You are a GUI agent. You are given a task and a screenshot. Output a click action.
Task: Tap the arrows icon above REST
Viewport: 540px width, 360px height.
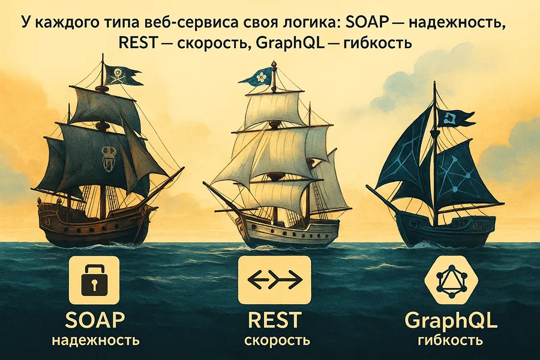pyautogui.click(x=275, y=279)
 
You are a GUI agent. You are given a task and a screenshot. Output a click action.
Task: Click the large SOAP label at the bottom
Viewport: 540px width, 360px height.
pyautogui.click(x=95, y=320)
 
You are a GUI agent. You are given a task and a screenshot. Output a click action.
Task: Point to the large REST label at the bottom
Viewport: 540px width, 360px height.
pyautogui.click(x=275, y=320)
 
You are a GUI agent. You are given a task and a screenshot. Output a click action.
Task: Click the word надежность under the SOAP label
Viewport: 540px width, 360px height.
pyautogui.click(x=95, y=341)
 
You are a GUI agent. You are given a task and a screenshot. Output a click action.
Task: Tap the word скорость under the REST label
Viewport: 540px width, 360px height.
pyautogui.click(x=277, y=341)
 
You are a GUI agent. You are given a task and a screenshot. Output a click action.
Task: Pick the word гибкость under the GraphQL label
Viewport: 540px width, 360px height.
pyautogui.click(x=451, y=341)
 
